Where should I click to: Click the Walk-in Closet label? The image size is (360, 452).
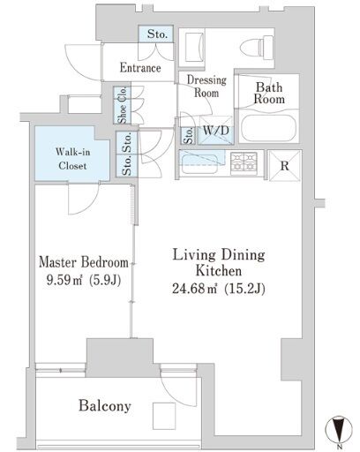(72, 159)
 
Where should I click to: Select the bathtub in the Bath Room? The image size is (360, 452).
(268, 129)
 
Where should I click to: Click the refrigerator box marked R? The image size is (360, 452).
(285, 166)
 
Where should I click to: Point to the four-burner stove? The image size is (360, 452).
(244, 163)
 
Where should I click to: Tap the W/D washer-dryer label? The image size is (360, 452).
(216, 131)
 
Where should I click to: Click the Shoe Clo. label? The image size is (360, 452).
(122, 105)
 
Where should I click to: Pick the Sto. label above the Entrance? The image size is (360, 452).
(157, 34)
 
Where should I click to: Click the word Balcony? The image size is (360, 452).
(105, 406)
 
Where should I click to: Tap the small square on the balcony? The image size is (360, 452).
(164, 416)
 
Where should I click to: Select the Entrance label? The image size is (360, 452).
(140, 68)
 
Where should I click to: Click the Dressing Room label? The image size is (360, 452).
(206, 87)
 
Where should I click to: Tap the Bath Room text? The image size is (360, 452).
(269, 93)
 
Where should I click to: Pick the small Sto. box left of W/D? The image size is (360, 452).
(189, 135)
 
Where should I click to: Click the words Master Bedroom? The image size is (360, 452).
(84, 262)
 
